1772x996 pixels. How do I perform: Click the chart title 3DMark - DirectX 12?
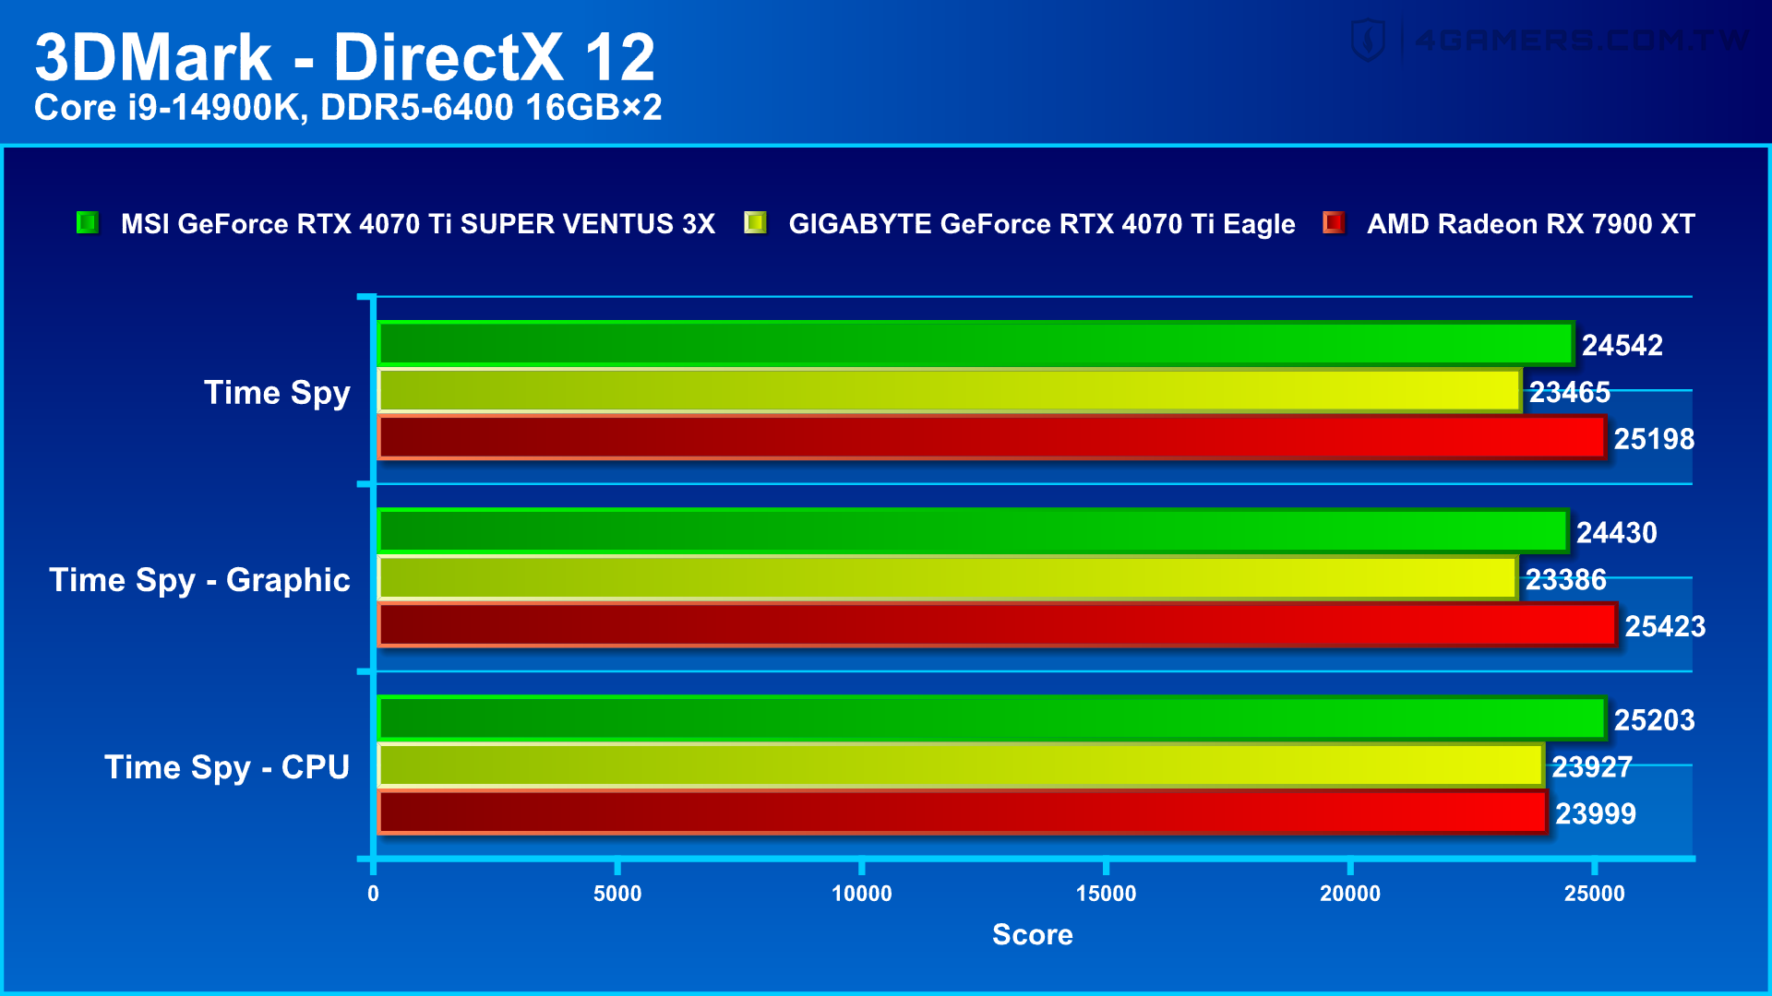pyautogui.click(x=344, y=57)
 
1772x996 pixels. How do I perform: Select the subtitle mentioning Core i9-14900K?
pyautogui.click(x=348, y=108)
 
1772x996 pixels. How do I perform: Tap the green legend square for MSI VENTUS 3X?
pyautogui.click(x=88, y=223)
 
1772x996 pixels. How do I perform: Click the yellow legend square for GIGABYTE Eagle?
pyautogui.click(x=755, y=223)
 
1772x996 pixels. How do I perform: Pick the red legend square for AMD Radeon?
pyautogui.click(x=1334, y=223)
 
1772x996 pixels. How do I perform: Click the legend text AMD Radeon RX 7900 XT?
pyautogui.click(x=1530, y=224)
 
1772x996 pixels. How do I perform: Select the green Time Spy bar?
pyautogui.click(x=976, y=344)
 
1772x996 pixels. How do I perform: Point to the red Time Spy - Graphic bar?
pyautogui.click(x=997, y=625)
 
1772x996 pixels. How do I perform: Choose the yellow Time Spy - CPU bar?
pyautogui.click(x=961, y=765)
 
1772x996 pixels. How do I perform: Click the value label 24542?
pyautogui.click(x=1622, y=345)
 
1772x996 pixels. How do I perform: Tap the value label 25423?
pyautogui.click(x=1664, y=626)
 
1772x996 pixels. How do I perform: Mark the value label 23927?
pyautogui.click(x=1591, y=766)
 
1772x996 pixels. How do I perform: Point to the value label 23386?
pyautogui.click(x=1565, y=579)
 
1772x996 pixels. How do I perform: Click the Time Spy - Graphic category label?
pyautogui.click(x=199, y=580)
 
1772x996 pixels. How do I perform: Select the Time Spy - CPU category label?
pyautogui.click(x=227, y=767)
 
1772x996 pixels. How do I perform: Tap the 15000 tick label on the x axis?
pyautogui.click(x=1106, y=893)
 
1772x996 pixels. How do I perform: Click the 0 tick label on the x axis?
pyautogui.click(x=373, y=893)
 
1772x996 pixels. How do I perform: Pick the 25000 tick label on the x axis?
pyautogui.click(x=1594, y=893)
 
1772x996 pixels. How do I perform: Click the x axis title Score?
pyautogui.click(x=1032, y=934)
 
